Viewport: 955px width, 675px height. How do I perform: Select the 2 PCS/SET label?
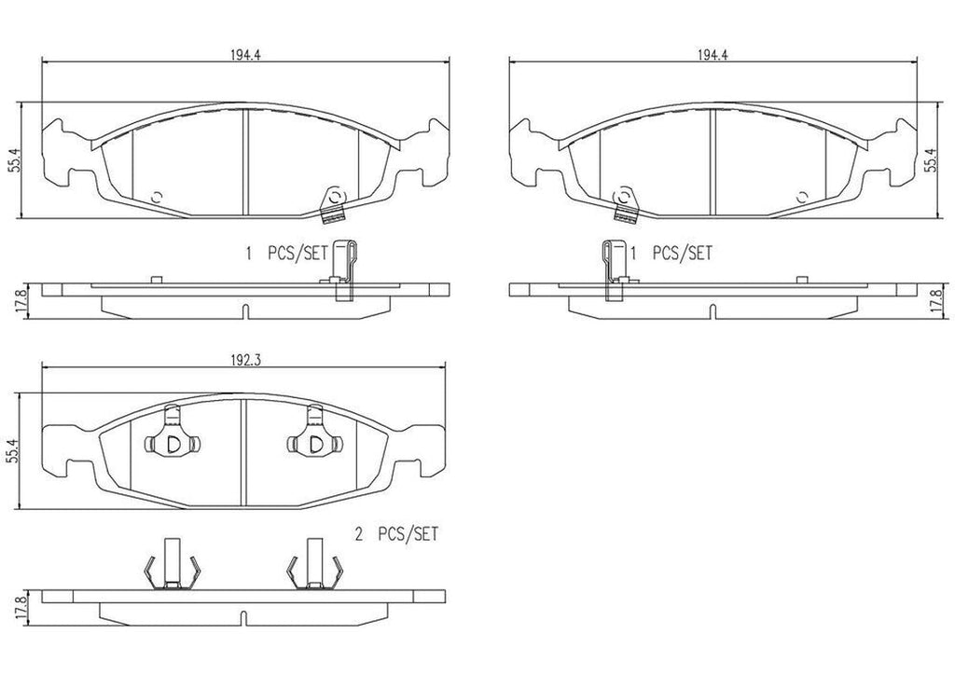pyautogui.click(x=396, y=534)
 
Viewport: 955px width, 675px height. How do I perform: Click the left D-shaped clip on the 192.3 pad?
pyautogui.click(x=173, y=443)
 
